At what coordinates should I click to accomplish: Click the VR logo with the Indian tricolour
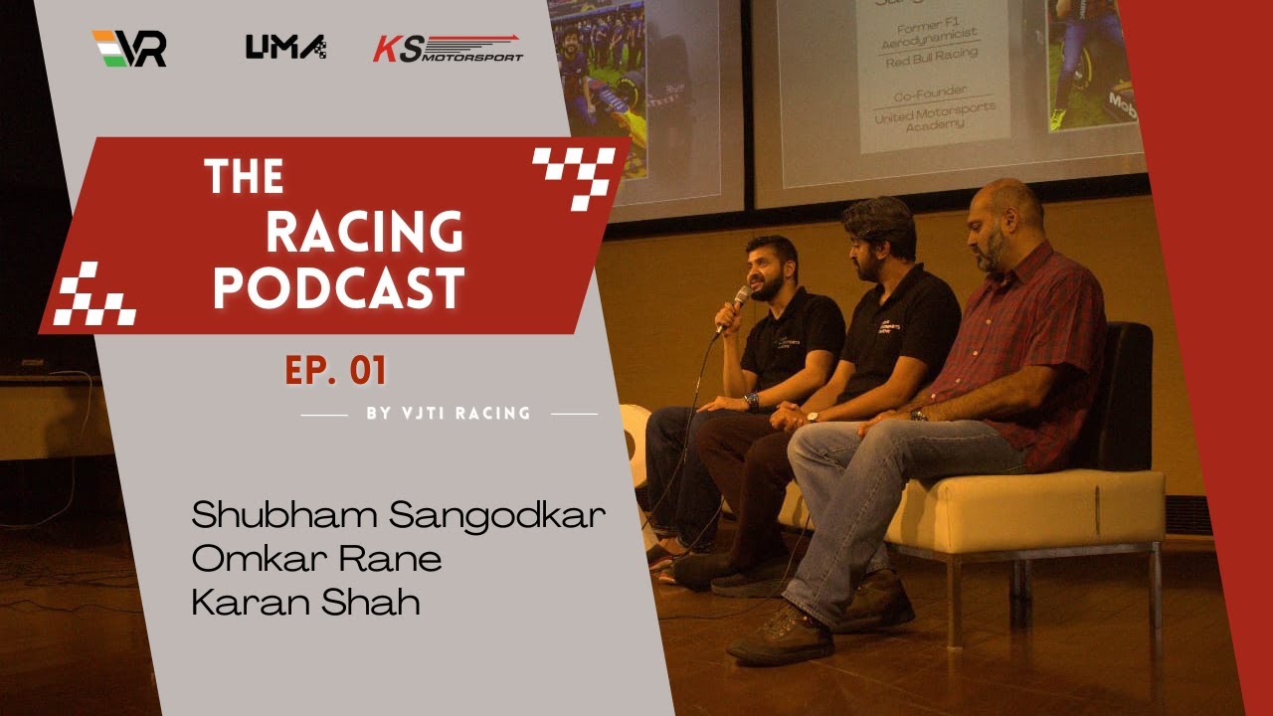pyautogui.click(x=129, y=48)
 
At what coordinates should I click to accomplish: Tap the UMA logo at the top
pyautogui.click(x=285, y=47)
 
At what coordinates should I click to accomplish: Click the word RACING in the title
pyautogui.click(x=364, y=232)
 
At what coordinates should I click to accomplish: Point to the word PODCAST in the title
pyautogui.click(x=339, y=288)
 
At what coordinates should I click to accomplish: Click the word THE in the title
pyautogui.click(x=244, y=178)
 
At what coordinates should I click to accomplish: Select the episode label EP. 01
pyautogui.click(x=335, y=371)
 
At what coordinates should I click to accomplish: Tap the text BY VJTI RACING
pyautogui.click(x=449, y=413)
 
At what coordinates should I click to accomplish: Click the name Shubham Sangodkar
pyautogui.click(x=399, y=515)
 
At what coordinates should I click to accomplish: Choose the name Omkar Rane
pyautogui.click(x=316, y=559)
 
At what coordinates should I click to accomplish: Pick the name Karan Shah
pyautogui.click(x=304, y=603)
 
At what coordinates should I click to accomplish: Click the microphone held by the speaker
pyautogui.click(x=739, y=300)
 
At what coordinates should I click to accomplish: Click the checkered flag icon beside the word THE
pyautogui.click(x=574, y=176)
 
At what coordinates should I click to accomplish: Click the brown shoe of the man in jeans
pyautogui.click(x=781, y=635)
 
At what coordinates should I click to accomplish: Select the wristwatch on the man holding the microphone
pyautogui.click(x=751, y=402)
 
